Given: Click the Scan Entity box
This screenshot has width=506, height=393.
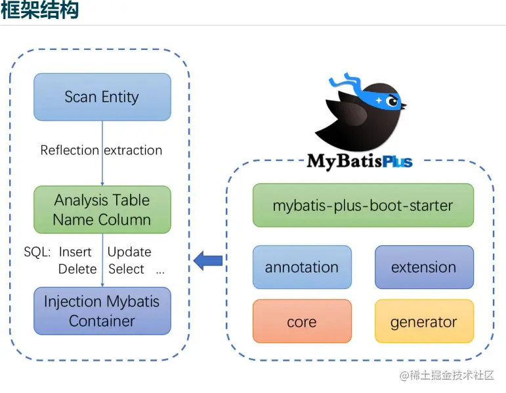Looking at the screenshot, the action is pyautogui.click(x=102, y=97).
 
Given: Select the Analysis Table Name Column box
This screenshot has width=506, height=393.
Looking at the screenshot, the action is pyautogui.click(x=102, y=210).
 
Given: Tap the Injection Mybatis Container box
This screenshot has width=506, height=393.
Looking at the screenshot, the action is pyautogui.click(x=102, y=311).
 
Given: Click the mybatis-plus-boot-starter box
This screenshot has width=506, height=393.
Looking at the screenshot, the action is pyautogui.click(x=363, y=205).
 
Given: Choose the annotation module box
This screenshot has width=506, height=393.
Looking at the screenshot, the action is pyautogui.click(x=302, y=267).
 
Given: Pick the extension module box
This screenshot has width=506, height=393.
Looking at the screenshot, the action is pyautogui.click(x=424, y=267).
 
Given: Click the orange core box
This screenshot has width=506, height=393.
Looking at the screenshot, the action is pyautogui.click(x=302, y=321).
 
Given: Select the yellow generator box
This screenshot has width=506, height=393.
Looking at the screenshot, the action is pyautogui.click(x=424, y=321).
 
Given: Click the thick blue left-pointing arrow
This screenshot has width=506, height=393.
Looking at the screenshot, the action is pyautogui.click(x=208, y=260).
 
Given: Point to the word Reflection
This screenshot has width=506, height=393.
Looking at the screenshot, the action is pyautogui.click(x=70, y=150).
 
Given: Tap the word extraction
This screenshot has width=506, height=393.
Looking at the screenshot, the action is pyautogui.click(x=133, y=150).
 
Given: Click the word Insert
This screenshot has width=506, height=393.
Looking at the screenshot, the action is pyautogui.click(x=75, y=252).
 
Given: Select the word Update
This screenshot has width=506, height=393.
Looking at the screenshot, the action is pyautogui.click(x=129, y=252).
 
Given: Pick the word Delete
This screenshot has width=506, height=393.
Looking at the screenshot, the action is pyautogui.click(x=77, y=269).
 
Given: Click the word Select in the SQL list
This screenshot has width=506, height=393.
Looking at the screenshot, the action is pyautogui.click(x=126, y=269).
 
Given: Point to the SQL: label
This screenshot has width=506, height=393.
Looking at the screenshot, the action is pyautogui.click(x=37, y=252).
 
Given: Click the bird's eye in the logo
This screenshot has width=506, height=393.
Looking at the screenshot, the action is pyautogui.click(x=392, y=102).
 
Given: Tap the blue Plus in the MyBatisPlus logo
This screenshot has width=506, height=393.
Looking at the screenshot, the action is pyautogui.click(x=397, y=162).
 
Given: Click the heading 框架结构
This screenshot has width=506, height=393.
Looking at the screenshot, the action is pyautogui.click(x=39, y=10).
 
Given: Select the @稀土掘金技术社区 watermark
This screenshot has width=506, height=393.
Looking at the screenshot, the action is pyautogui.click(x=447, y=375).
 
